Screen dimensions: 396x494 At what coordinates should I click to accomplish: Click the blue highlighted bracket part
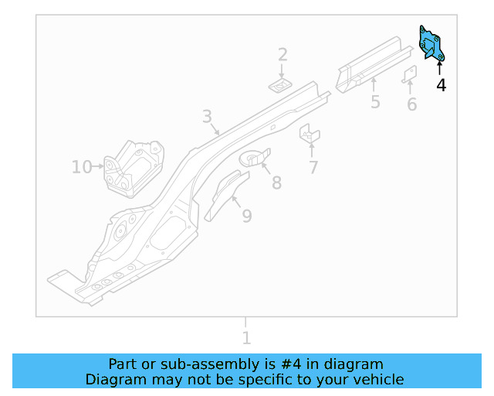430,43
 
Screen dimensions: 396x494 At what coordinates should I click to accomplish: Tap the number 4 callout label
441,85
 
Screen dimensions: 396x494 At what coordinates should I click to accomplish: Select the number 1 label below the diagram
246,338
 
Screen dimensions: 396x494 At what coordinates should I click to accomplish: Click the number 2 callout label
283,54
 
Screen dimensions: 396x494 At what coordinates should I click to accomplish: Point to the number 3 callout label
207,117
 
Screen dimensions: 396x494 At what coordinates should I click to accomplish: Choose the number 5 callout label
375,102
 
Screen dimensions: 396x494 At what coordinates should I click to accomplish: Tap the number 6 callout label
411,104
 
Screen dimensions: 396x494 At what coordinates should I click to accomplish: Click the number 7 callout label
313,167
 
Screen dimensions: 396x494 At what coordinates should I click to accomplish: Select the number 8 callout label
276,183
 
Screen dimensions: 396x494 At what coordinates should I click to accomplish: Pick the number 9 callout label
246,216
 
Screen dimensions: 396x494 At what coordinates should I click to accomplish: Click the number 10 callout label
81,166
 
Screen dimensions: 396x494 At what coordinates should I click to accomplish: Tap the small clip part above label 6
410,74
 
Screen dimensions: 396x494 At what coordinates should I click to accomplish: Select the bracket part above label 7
309,135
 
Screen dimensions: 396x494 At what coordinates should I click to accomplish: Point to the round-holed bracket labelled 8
255,158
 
